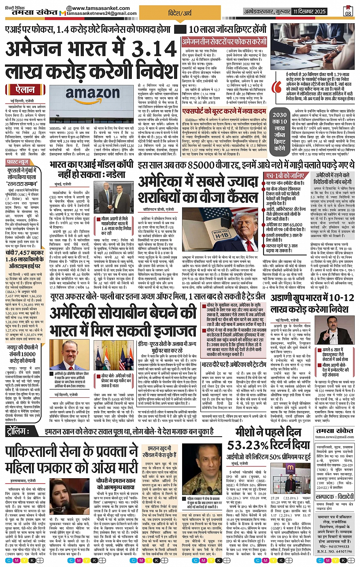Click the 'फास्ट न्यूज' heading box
pos(18,162)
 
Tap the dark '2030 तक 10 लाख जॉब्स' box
pos(279,131)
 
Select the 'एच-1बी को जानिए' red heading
pos(285,176)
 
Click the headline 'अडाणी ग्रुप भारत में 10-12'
pos(312,298)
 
